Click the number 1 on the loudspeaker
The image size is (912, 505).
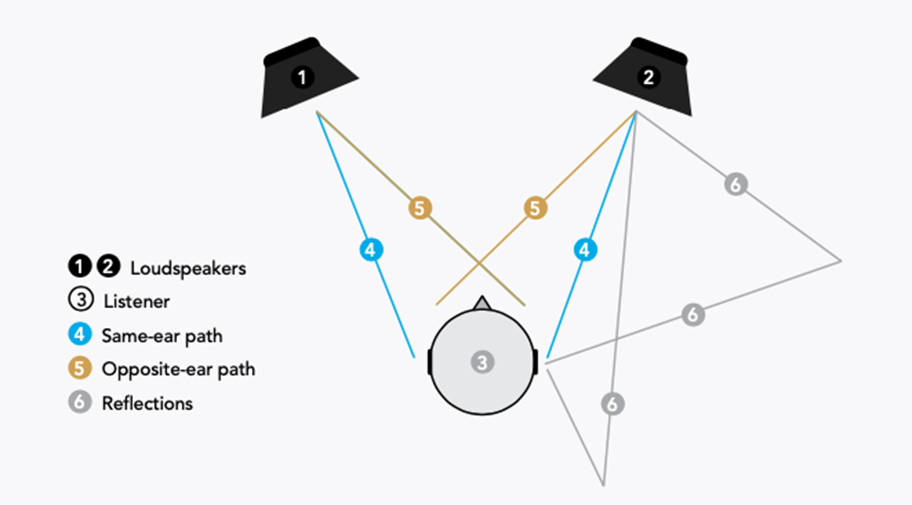(x=302, y=77)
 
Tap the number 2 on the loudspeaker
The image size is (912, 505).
(x=648, y=77)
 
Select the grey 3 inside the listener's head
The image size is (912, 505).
(x=482, y=362)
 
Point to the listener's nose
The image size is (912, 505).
(x=481, y=303)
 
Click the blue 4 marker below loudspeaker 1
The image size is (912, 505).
(x=370, y=249)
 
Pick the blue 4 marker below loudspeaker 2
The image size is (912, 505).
(x=584, y=249)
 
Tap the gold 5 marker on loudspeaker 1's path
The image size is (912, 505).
(x=420, y=208)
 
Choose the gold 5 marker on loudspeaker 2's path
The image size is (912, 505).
(x=536, y=208)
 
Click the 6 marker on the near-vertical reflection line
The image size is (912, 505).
(x=613, y=404)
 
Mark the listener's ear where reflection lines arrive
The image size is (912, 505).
(x=537, y=362)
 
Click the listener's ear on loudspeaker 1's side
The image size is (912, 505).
(x=429, y=362)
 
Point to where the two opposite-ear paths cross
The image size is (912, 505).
(x=480, y=265)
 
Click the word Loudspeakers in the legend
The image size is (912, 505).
(x=188, y=268)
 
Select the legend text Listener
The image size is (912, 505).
(x=136, y=302)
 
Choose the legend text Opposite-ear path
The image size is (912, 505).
(x=178, y=370)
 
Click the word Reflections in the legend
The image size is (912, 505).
(x=147, y=403)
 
